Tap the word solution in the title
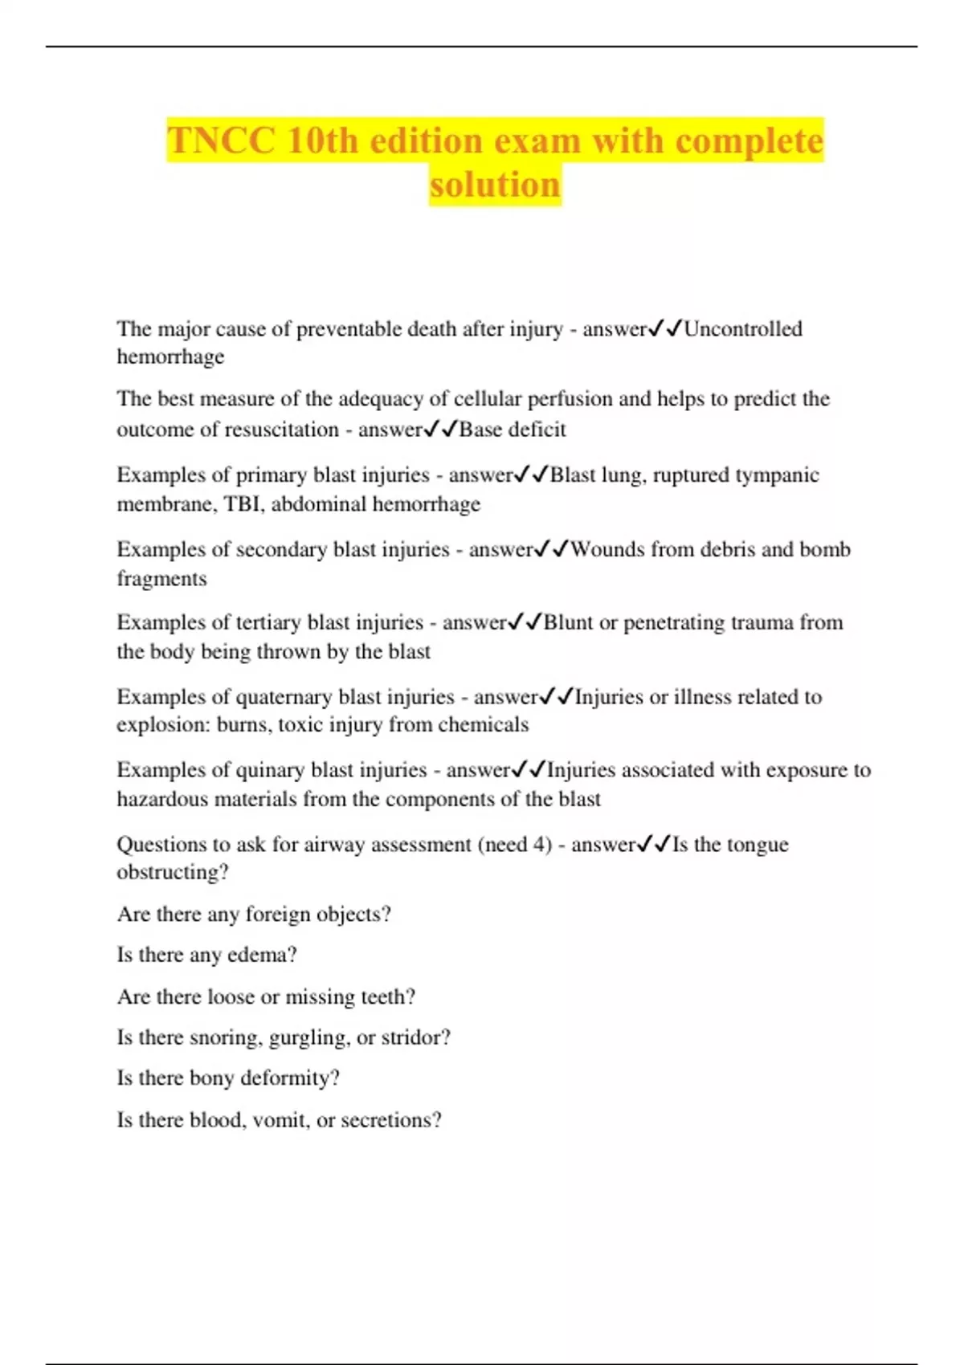coord(495,185)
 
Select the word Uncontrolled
coord(743,328)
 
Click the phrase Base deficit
coord(513,430)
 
